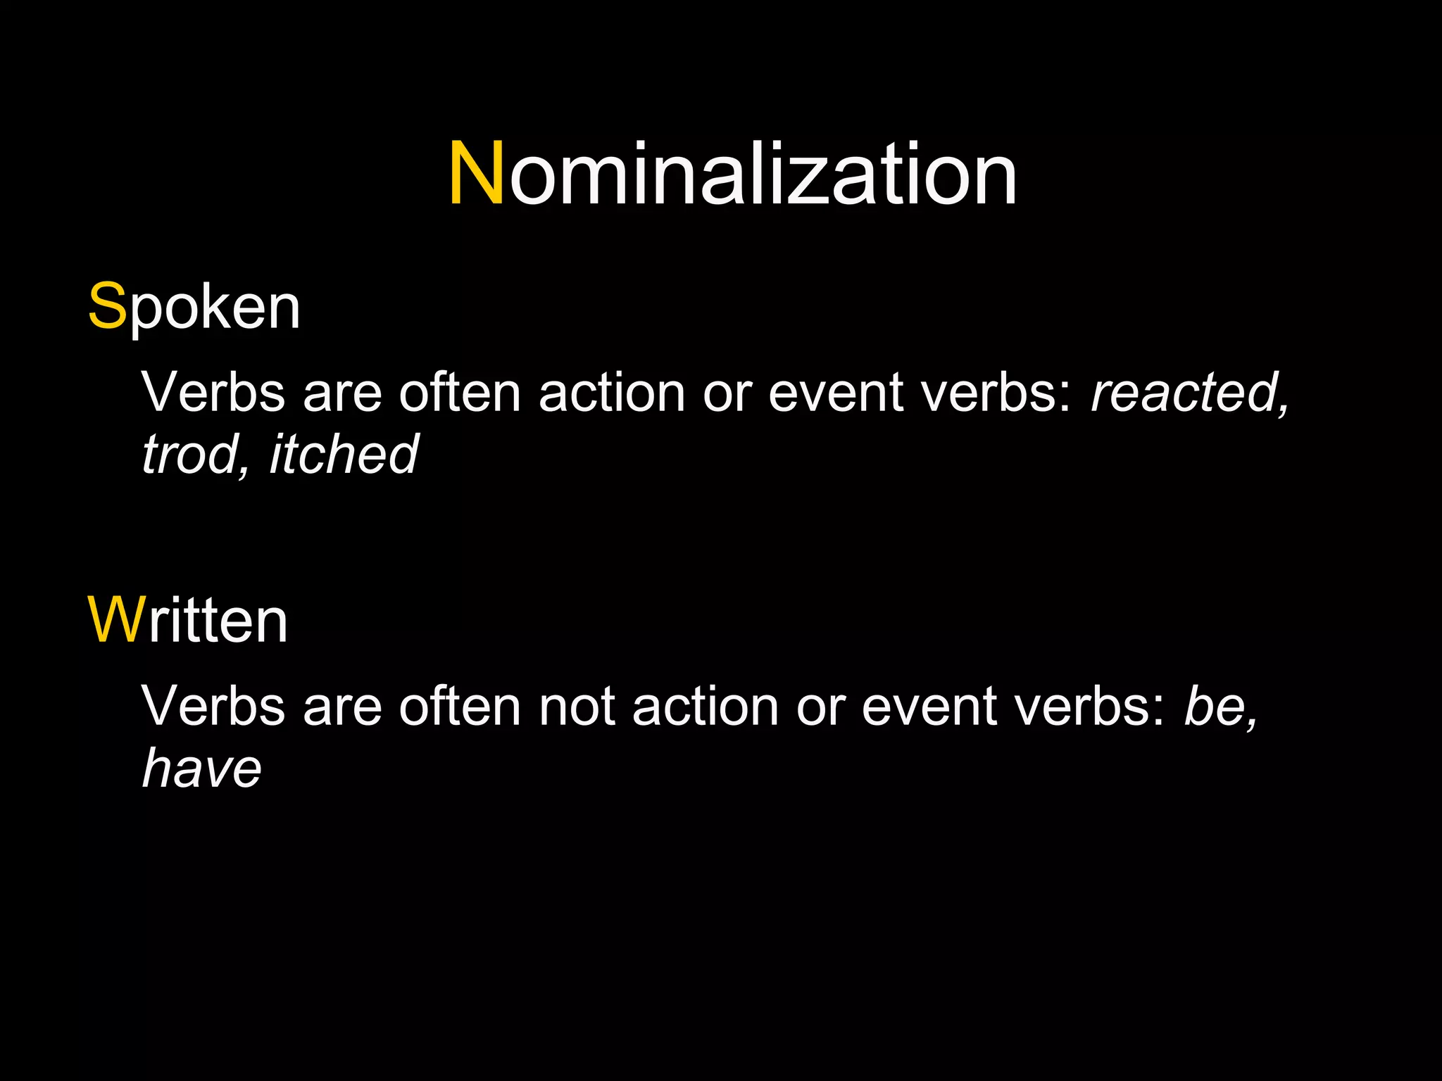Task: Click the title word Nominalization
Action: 732,174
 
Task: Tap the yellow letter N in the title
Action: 476,174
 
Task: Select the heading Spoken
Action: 194,308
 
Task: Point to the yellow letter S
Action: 106,308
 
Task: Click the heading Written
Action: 188,621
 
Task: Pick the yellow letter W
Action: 116,621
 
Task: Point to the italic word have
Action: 202,768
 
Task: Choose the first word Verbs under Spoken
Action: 213,392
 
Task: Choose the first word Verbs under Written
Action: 213,706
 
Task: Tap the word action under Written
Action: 706,706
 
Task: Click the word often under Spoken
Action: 460,392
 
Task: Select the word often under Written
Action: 460,706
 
